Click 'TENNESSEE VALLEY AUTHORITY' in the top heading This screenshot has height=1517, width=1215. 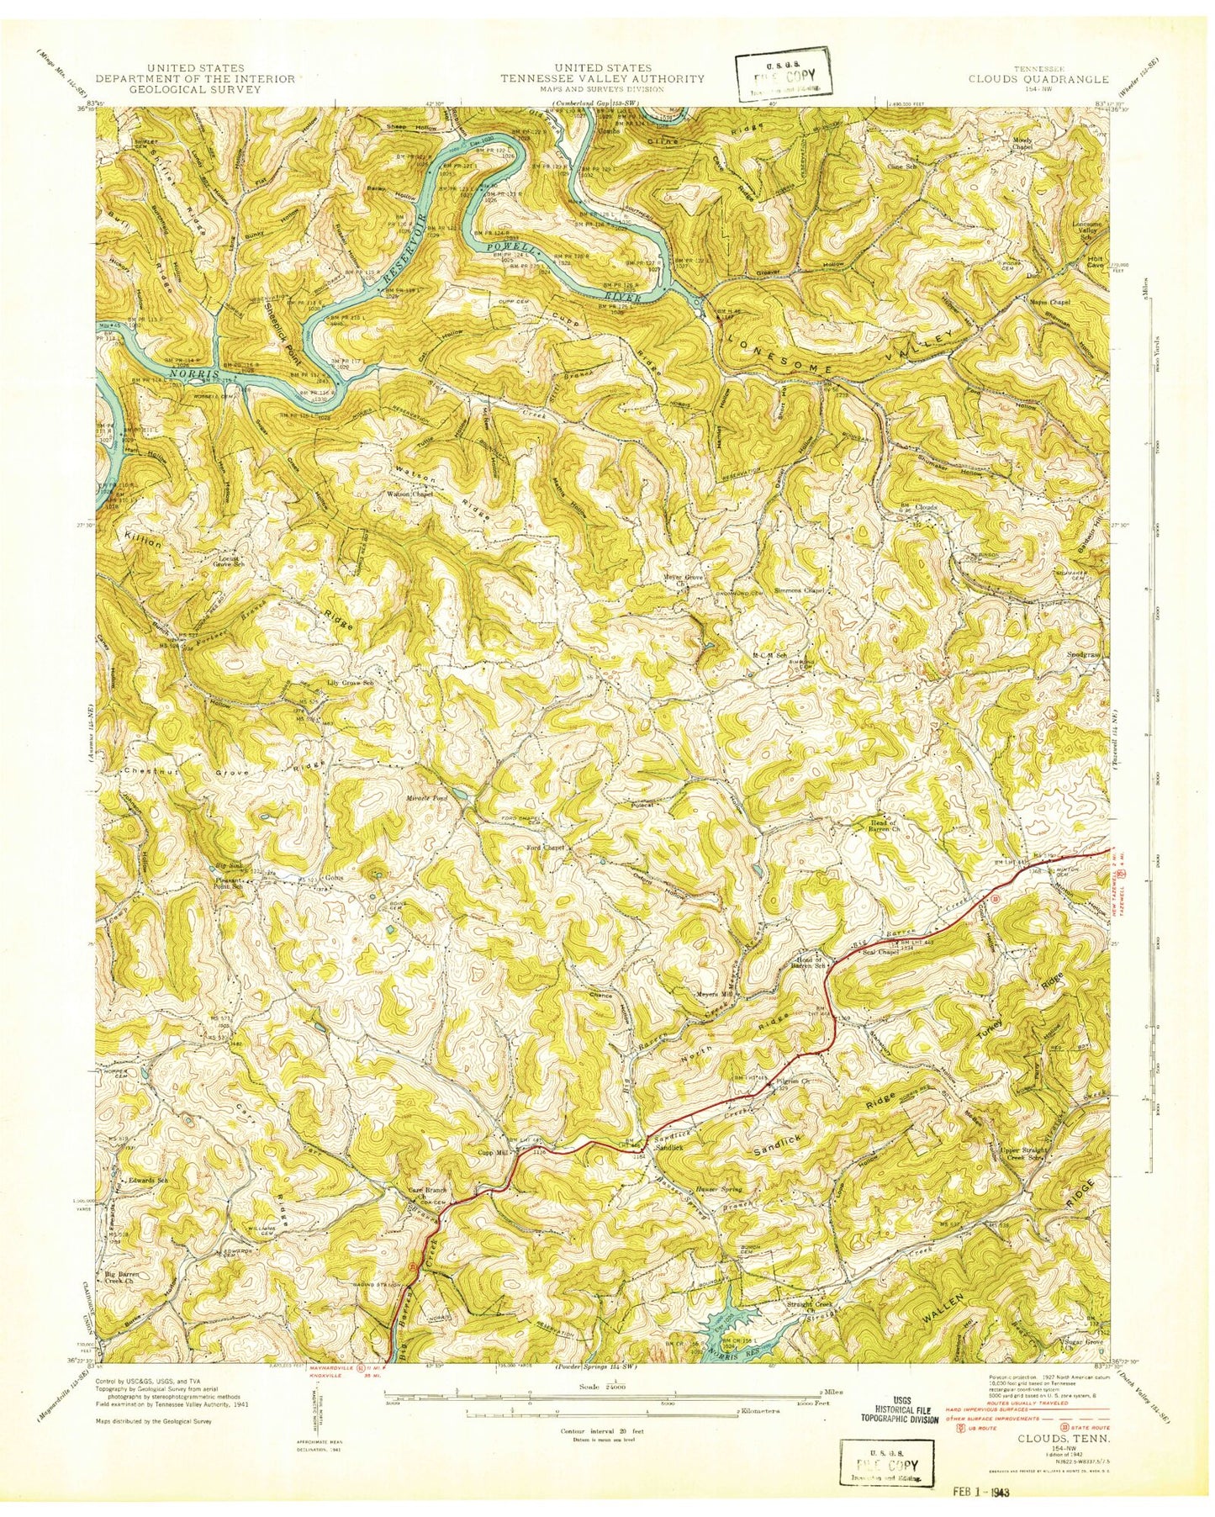(x=602, y=79)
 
